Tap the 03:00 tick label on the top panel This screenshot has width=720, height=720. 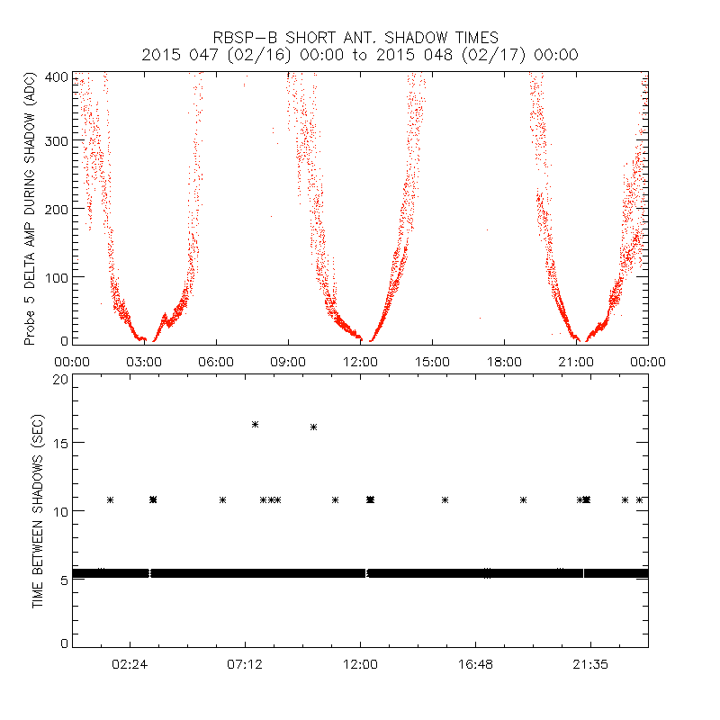144,362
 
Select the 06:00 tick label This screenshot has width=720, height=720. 216,362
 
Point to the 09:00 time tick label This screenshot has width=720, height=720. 288,362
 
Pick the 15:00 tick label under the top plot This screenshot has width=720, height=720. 432,362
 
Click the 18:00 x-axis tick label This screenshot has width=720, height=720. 504,362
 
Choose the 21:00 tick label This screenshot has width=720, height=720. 576,362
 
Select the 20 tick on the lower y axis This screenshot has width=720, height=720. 59,379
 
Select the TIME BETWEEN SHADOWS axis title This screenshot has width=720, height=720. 37,511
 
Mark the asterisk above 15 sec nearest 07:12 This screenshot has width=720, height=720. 256,424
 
